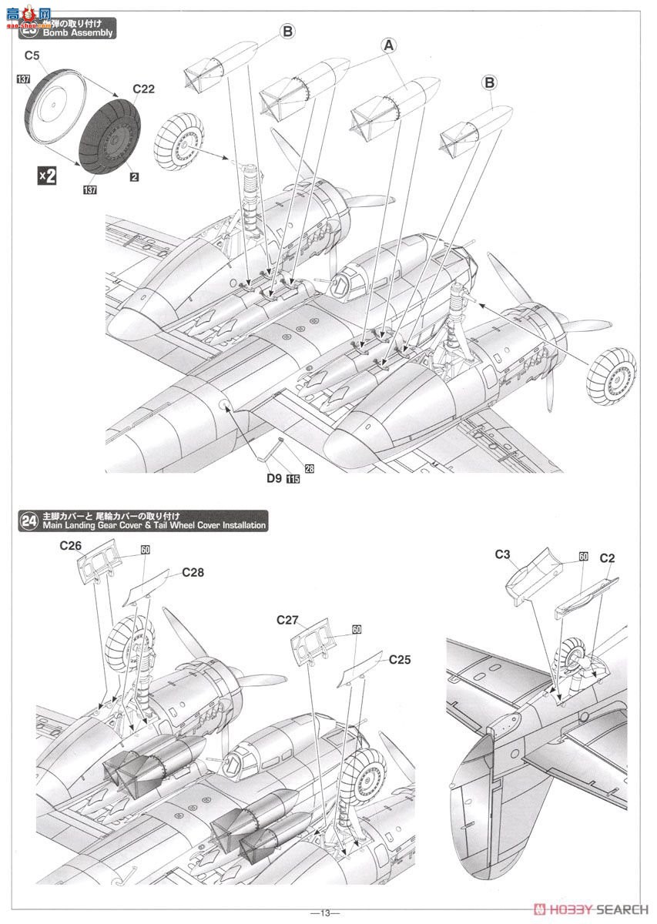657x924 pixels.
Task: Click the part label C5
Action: (32, 55)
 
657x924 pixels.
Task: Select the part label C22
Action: (143, 89)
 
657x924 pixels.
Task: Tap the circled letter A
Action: (390, 45)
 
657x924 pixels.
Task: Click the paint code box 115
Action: (293, 479)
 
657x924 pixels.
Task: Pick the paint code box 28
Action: (309, 467)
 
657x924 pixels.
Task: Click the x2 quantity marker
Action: (48, 176)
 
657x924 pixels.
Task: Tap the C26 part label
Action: (72, 546)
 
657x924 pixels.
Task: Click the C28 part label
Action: (193, 573)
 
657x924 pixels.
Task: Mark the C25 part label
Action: (400, 659)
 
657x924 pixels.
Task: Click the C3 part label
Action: (503, 554)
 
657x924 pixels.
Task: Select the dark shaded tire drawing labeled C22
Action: (116, 136)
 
